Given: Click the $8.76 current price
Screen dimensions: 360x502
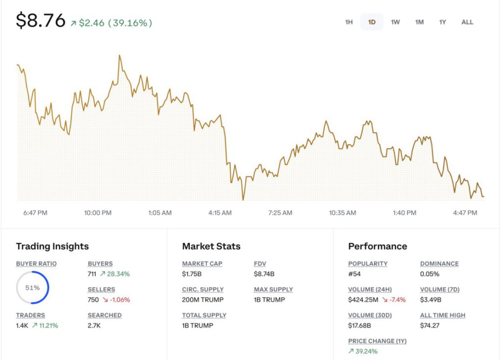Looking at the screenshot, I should pyautogui.click(x=41, y=21).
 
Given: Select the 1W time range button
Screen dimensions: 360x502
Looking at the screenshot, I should pyautogui.click(x=395, y=22).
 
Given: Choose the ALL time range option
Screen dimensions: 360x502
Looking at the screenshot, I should pyautogui.click(x=467, y=22).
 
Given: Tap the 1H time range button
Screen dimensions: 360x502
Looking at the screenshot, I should pyautogui.click(x=349, y=22).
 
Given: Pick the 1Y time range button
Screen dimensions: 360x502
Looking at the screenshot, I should pyautogui.click(x=442, y=22).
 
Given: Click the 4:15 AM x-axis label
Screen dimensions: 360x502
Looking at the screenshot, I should pyautogui.click(x=220, y=213).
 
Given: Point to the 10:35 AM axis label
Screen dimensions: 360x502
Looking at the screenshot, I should pyautogui.click(x=342, y=213).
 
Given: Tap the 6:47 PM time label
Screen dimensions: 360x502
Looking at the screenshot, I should pyautogui.click(x=35, y=213).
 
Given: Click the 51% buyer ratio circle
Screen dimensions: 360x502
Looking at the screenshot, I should pyautogui.click(x=32, y=288).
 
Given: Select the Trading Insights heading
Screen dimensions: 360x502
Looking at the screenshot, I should pyautogui.click(x=52, y=246).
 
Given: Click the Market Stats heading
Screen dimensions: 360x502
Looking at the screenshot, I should pyautogui.click(x=211, y=246).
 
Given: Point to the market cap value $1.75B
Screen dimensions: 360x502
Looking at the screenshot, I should pyautogui.click(x=192, y=274).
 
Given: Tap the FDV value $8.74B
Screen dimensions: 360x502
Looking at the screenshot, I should pyautogui.click(x=264, y=274).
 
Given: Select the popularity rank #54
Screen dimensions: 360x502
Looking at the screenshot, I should pyautogui.click(x=355, y=274).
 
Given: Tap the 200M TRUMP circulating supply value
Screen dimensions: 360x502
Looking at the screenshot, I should pyautogui.click(x=202, y=300).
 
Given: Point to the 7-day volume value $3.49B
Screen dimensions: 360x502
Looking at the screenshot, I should pyautogui.click(x=430, y=300).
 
